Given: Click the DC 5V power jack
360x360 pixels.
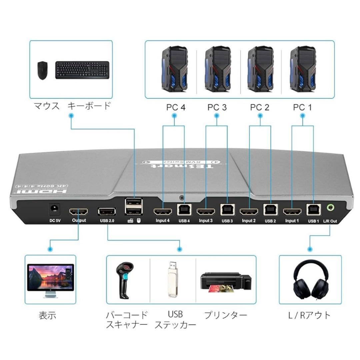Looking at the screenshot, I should [54, 209].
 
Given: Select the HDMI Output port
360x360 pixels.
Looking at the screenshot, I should [79, 212].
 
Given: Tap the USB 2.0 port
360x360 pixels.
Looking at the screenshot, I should [107, 211].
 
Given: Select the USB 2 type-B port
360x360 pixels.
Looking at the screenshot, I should [269, 210].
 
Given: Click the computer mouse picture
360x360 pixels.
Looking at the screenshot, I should [42, 70].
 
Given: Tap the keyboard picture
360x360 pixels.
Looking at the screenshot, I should [82, 70].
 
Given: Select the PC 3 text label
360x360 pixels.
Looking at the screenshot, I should [217, 107].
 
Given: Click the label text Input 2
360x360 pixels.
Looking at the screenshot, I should [248, 221].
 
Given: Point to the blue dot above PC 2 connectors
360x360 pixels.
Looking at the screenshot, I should [260, 116].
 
